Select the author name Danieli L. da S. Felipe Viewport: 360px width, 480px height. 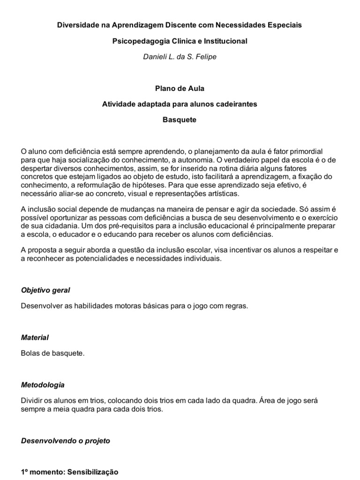click(180, 57)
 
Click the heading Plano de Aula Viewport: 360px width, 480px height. click(180, 88)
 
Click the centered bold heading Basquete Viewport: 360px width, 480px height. click(180, 120)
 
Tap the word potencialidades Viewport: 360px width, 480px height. click(99, 258)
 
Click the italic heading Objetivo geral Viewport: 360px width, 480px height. click(45, 290)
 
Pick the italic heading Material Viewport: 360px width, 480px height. click(35, 337)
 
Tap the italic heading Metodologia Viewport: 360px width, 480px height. click(43, 385)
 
